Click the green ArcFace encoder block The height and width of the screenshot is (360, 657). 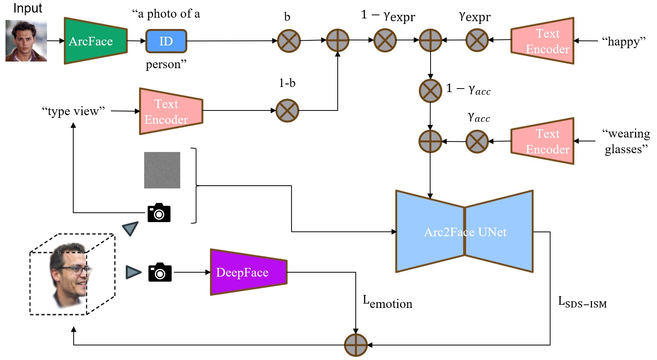coord(95,41)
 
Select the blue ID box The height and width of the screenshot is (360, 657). coord(166,41)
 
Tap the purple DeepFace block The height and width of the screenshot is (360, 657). coord(248,272)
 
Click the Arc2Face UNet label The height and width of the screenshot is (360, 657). coord(465,232)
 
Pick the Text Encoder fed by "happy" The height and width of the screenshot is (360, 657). coord(543,41)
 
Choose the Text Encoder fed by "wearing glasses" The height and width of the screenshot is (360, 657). coord(543,141)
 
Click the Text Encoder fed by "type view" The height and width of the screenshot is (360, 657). coord(171,111)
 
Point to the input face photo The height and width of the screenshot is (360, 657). coord(26,41)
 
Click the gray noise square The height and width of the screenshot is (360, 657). coord(162,170)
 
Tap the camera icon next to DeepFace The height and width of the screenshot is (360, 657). coord(160,272)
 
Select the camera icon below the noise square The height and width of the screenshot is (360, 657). coord(159,213)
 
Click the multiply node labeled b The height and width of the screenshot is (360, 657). coord(289,41)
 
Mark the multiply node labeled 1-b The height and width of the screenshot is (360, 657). coord(287,110)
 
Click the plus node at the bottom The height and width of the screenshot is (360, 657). coord(356,345)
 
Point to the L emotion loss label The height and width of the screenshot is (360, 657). coord(387,302)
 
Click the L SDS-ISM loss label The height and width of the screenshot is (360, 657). coord(582,302)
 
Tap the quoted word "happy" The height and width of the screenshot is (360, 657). coord(624,41)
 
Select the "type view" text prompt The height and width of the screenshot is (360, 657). coord(73,111)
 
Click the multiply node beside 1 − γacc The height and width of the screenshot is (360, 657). coord(430,91)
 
